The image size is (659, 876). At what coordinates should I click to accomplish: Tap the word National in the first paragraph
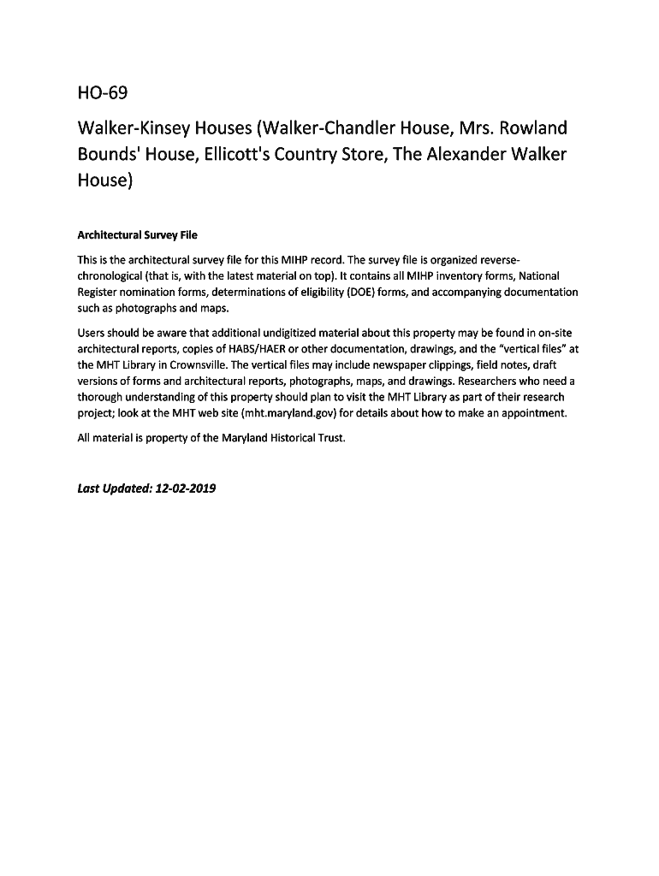538,276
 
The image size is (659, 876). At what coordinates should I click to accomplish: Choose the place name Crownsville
193,364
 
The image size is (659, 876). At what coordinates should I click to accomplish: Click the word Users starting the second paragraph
92,333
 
